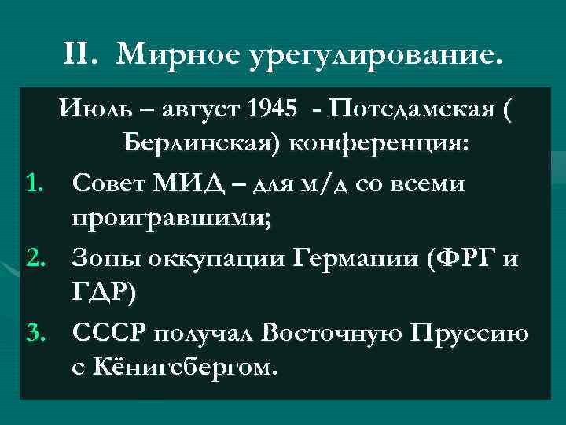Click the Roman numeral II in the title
click(x=81, y=54)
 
